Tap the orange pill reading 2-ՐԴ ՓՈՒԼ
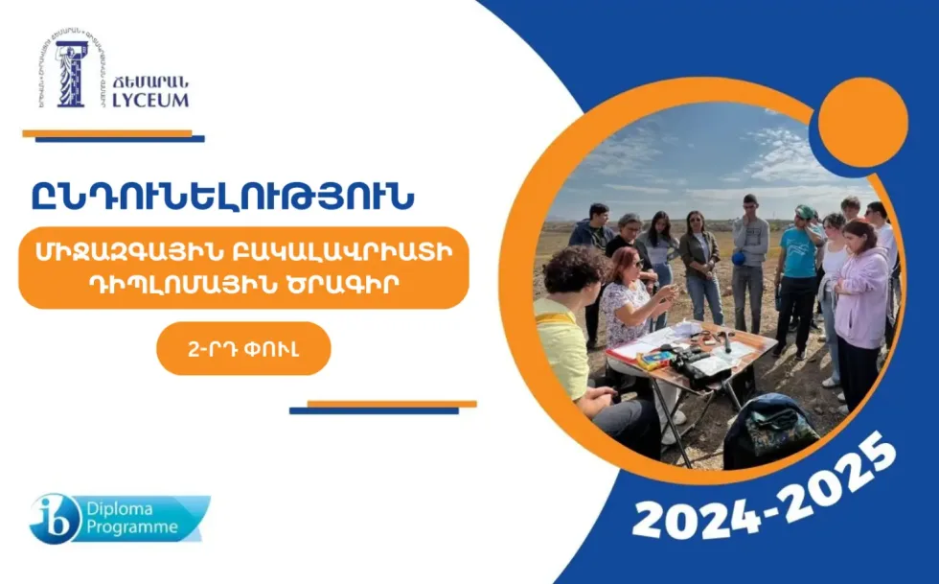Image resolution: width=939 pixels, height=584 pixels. click(x=243, y=349)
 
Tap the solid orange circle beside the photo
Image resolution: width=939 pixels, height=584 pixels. click(x=863, y=123)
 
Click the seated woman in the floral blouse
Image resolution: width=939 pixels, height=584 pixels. click(x=629, y=302)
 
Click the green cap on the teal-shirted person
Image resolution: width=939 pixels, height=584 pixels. click(x=804, y=212)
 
